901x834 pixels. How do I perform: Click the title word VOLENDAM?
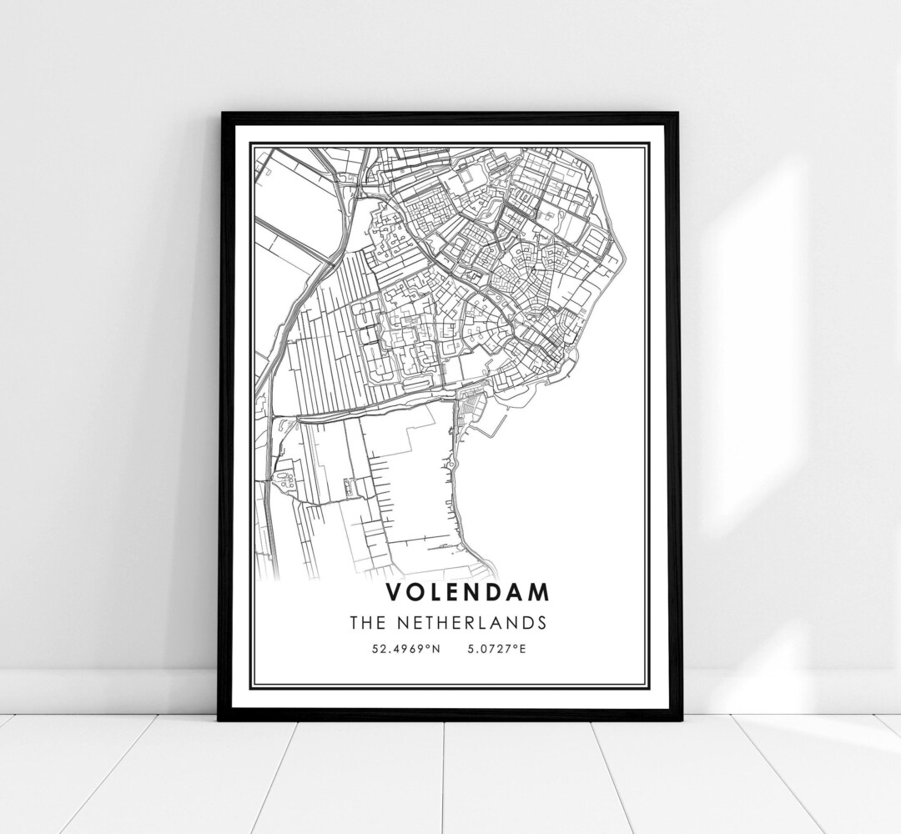click(467, 592)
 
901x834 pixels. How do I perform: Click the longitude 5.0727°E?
click(496, 648)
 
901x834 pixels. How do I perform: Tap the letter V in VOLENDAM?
click(394, 592)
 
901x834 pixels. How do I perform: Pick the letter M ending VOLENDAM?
click(540, 592)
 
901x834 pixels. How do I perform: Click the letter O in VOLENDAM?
click(415, 592)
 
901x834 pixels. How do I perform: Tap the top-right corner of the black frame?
click(678, 115)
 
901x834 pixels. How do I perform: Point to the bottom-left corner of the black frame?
click(220, 718)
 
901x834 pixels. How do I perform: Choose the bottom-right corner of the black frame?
click(679, 718)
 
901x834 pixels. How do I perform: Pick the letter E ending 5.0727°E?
click(522, 648)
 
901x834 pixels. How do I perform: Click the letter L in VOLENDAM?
click(436, 592)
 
